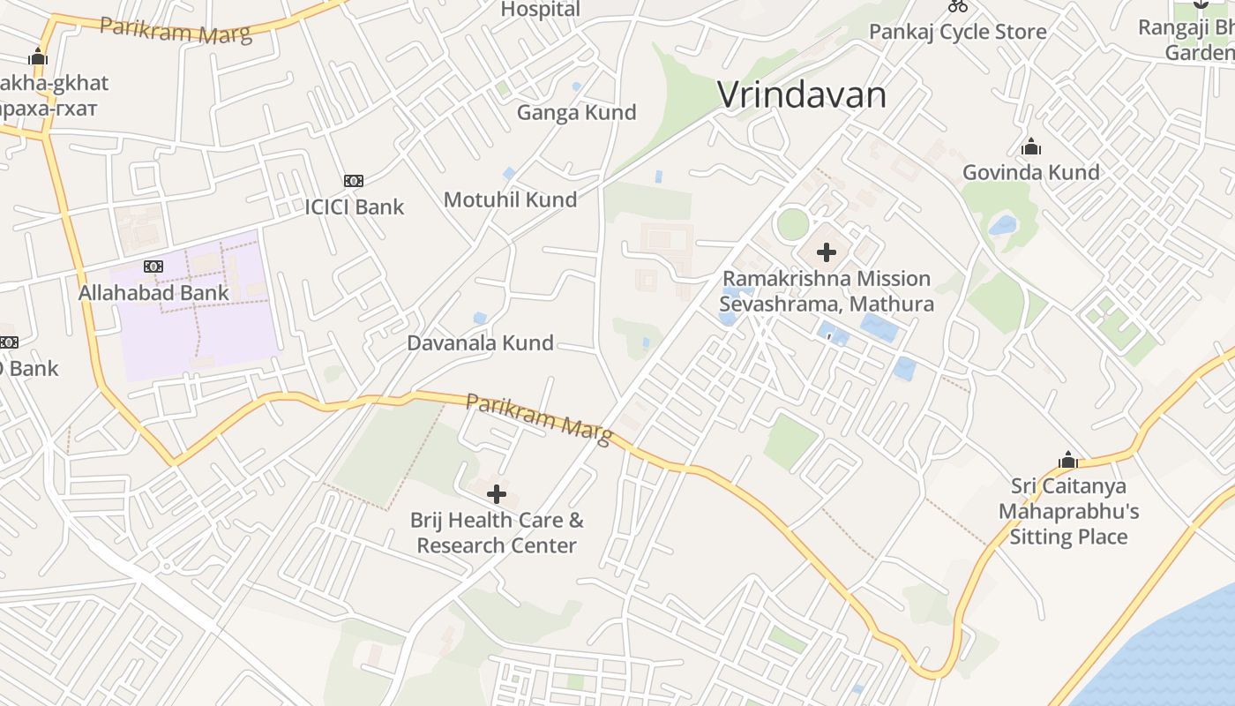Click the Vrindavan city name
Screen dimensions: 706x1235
801,94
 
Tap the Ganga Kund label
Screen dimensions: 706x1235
576,113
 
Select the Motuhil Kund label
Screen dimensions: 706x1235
510,199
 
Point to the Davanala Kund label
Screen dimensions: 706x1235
480,343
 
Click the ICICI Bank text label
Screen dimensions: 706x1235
354,207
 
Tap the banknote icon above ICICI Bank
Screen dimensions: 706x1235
354,181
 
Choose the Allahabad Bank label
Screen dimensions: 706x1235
153,293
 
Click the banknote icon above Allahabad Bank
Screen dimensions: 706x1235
153,267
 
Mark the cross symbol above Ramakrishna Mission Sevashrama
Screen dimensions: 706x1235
827,253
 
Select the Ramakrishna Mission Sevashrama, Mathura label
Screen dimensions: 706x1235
827,291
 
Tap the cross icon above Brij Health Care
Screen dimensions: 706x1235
497,494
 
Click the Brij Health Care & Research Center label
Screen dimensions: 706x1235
497,533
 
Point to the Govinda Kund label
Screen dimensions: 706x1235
1030,172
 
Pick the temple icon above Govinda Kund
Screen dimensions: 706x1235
1030,146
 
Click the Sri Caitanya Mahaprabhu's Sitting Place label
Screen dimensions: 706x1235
1068,512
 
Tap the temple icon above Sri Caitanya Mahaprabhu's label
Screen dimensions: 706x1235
1068,461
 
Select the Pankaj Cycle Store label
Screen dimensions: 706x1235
957,33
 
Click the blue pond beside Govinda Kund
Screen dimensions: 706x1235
1003,225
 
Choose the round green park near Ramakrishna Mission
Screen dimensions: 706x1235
792,224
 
